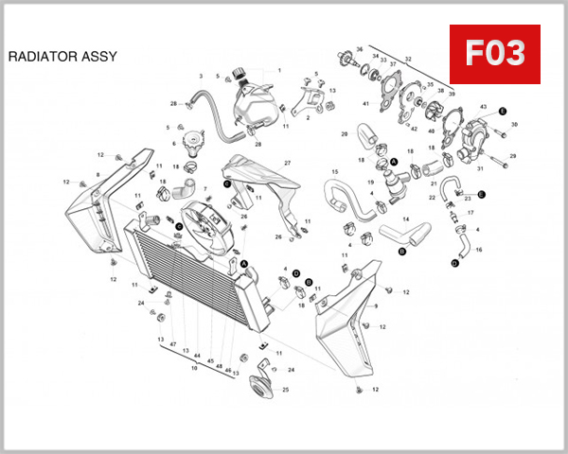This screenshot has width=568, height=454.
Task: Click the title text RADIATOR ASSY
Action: [62, 56]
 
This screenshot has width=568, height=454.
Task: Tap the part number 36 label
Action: [359, 48]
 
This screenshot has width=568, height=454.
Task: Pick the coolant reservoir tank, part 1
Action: [252, 102]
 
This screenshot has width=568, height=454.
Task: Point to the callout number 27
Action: [287, 164]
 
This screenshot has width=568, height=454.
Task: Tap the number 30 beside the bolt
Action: [514, 124]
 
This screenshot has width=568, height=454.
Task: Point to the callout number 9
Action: [375, 306]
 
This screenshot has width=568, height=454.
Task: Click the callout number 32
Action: [408, 59]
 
